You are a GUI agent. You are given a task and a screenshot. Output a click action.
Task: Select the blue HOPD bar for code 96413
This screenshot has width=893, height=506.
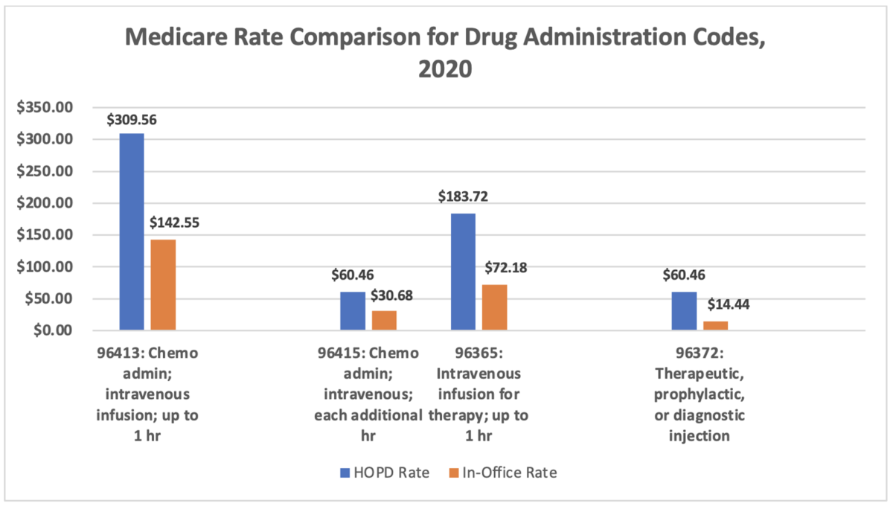click(132, 231)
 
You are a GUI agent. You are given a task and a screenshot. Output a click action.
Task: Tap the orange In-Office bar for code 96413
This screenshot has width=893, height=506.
click(163, 284)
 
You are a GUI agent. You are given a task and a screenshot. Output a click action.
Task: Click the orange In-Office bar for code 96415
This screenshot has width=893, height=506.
click(384, 320)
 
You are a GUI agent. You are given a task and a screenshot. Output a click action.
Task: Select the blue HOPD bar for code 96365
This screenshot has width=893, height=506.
click(463, 272)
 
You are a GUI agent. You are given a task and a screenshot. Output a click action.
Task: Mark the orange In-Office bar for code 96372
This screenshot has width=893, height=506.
click(715, 325)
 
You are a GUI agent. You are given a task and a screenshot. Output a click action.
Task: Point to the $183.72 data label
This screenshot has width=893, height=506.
click(463, 198)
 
